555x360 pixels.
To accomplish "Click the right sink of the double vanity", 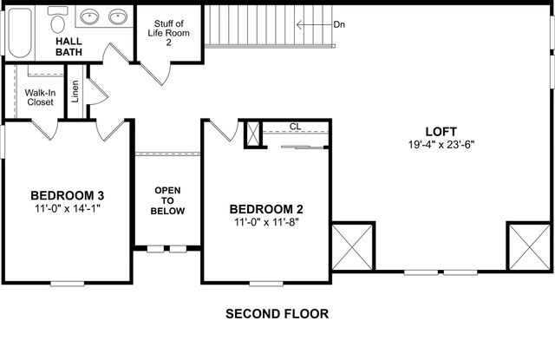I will tap(117, 16).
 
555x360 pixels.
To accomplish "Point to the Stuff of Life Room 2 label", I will tap(170, 32).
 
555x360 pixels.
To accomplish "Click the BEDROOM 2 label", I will tap(266, 209).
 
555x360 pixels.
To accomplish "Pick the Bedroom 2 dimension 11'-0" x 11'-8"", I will tap(266, 223).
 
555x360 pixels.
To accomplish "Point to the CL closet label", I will tap(295, 127).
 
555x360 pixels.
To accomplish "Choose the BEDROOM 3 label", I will tap(68, 194).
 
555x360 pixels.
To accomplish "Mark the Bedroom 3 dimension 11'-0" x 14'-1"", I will tap(68, 208).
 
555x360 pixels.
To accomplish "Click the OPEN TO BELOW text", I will tap(167, 200).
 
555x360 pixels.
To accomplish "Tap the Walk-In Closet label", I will tap(39, 96).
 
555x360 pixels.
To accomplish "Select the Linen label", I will tap(75, 93).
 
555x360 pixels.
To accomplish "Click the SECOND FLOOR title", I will tap(277, 313).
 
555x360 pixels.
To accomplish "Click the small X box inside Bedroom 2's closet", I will tap(253, 134).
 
